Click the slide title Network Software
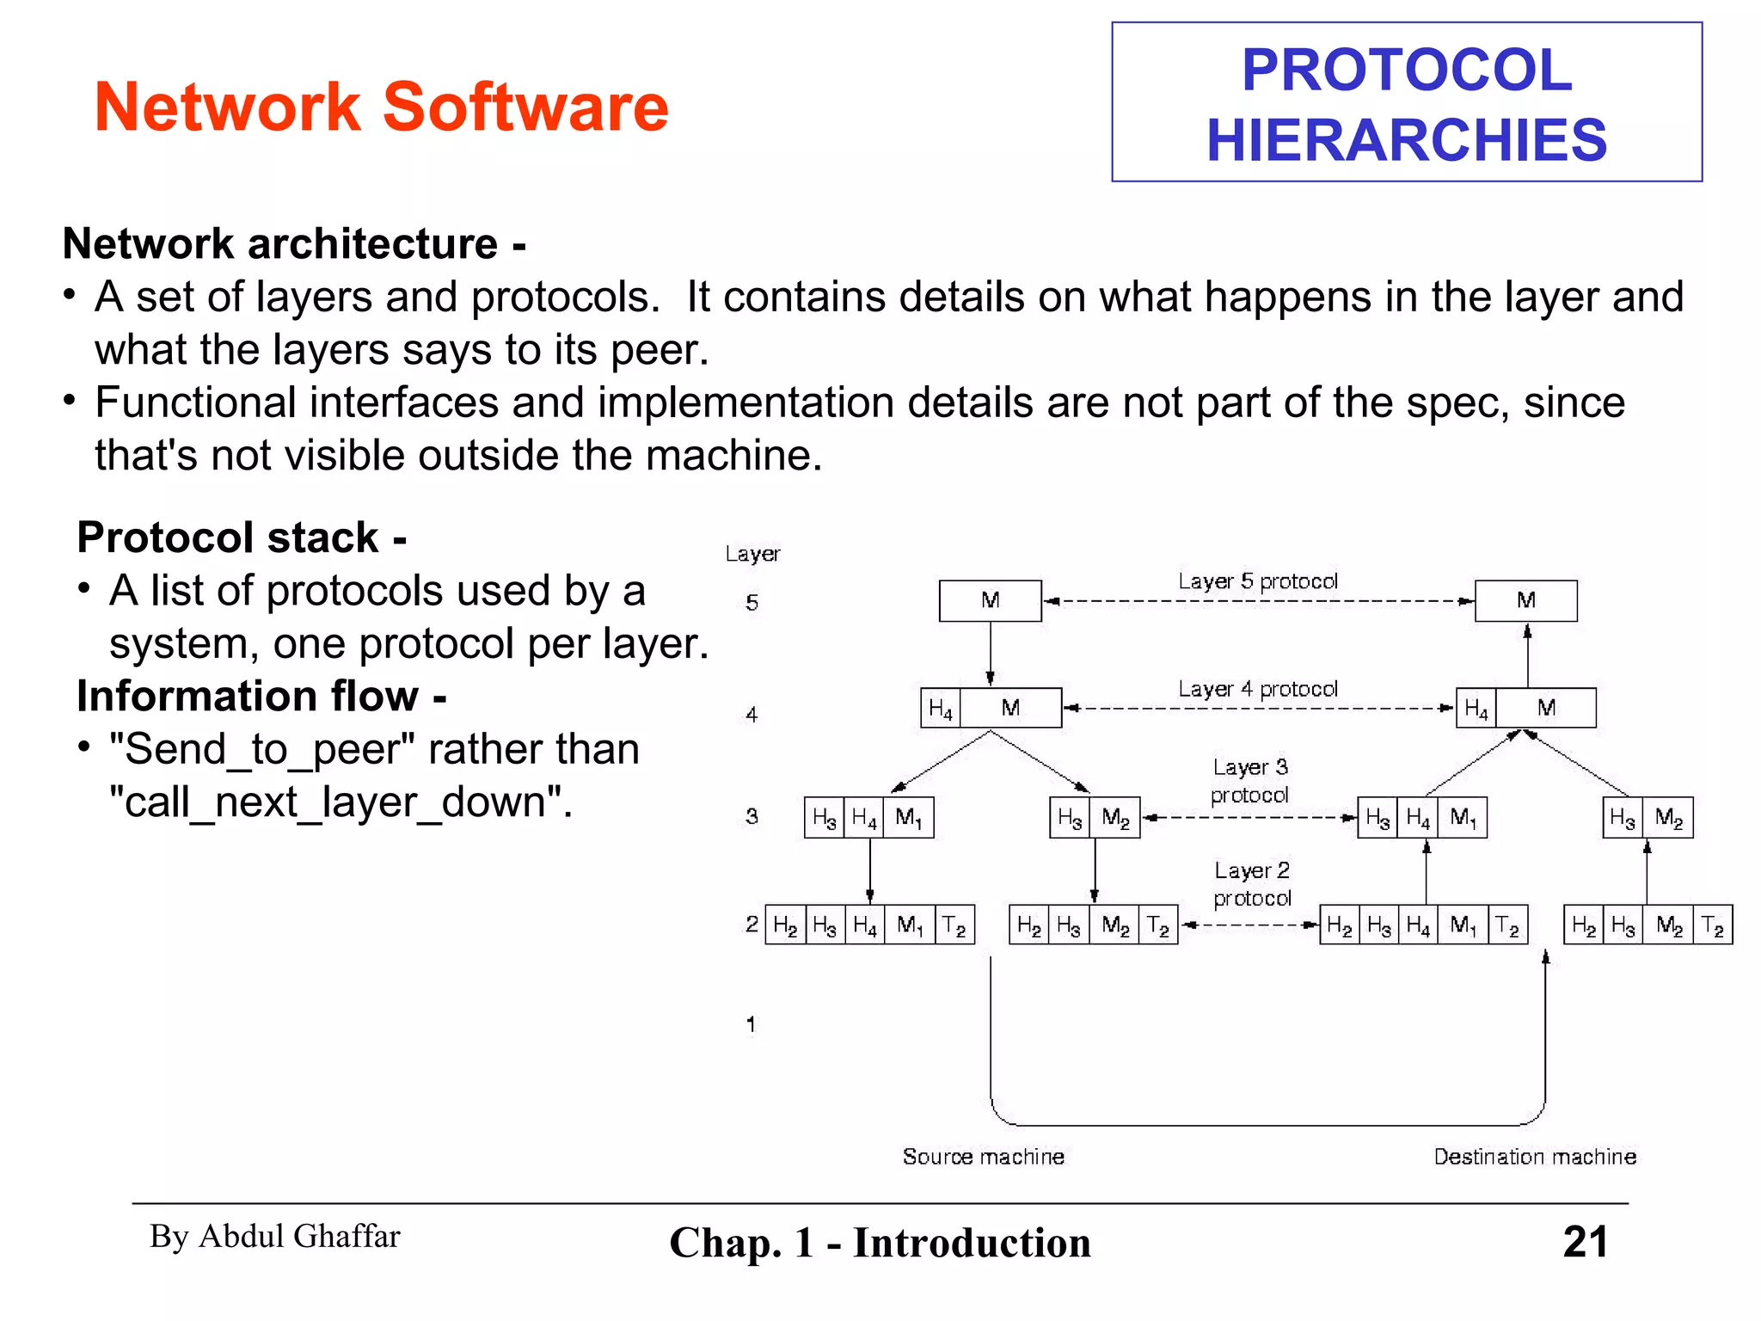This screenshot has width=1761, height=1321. pyautogui.click(x=381, y=107)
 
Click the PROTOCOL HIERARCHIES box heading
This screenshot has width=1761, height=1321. pyautogui.click(x=1406, y=103)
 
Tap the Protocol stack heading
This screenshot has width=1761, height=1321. pyautogui.click(x=242, y=538)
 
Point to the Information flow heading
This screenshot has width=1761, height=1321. pyautogui.click(x=261, y=696)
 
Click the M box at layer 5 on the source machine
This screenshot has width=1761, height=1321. pyautogui.click(x=990, y=600)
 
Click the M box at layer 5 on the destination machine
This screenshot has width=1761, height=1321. pyautogui.click(x=1525, y=600)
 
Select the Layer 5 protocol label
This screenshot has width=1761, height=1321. pyautogui.click(x=1257, y=581)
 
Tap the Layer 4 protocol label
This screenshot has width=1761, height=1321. pyautogui.click(x=1257, y=689)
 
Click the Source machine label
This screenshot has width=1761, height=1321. pyautogui.click(x=983, y=1157)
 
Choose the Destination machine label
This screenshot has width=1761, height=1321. pyautogui.click(x=1534, y=1157)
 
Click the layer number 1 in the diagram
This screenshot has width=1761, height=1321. pyautogui.click(x=752, y=1024)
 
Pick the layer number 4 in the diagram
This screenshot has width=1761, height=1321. pyautogui.click(x=752, y=715)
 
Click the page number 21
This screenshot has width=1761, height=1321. pyautogui.click(x=1585, y=1242)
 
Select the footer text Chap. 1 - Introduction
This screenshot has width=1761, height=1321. pyautogui.click(x=880, y=1243)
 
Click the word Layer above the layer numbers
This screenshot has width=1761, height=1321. pyautogui.click(x=752, y=554)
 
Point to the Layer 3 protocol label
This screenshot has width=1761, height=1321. pyautogui.click(x=1249, y=780)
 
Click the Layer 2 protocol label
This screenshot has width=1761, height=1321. pyautogui.click(x=1252, y=884)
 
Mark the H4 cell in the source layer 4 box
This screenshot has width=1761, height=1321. pyautogui.click(x=940, y=709)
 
